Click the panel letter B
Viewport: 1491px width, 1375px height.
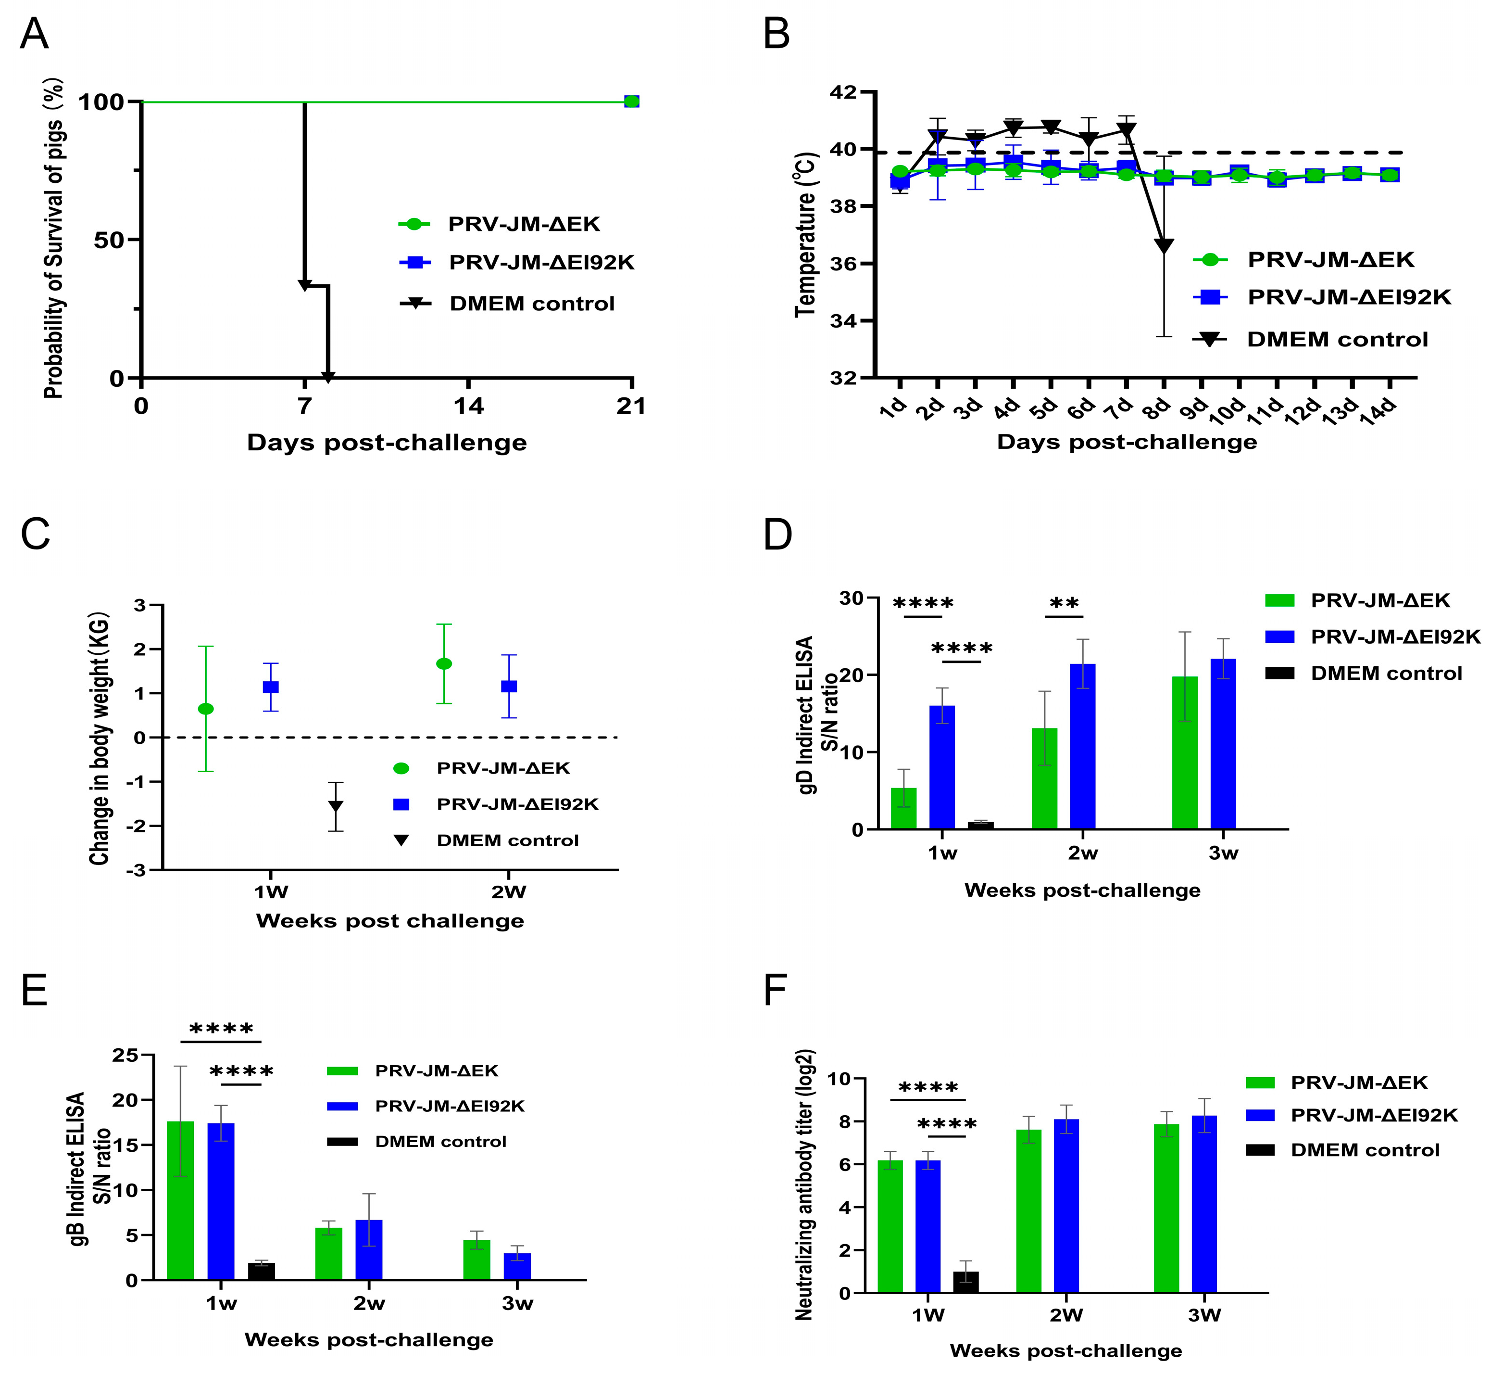click(x=777, y=34)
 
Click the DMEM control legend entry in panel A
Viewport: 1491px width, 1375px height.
click(x=532, y=304)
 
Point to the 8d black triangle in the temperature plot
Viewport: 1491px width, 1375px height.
click(x=1165, y=245)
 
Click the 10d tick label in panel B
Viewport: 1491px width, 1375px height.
click(x=1227, y=411)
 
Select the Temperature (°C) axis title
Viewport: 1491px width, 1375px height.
click(x=806, y=234)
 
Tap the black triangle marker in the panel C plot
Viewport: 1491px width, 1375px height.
click(x=336, y=806)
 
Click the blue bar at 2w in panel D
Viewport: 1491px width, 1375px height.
click(x=1083, y=746)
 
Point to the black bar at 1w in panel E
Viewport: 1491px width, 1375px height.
click(x=261, y=1272)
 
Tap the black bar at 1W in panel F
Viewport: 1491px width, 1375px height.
click(x=965, y=1283)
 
